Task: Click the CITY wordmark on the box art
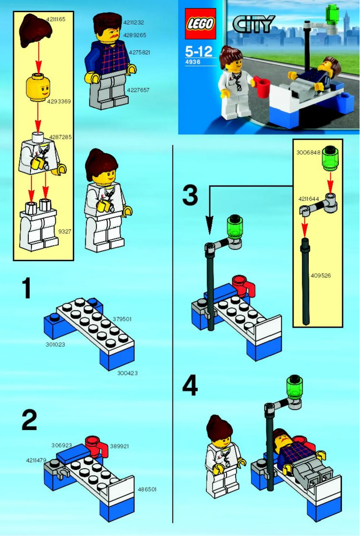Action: [253, 24]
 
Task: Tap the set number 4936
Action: [192, 62]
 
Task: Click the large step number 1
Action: [26, 288]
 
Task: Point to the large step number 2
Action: [29, 421]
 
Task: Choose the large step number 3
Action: [190, 196]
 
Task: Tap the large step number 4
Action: [190, 386]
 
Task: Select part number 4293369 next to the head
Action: [59, 101]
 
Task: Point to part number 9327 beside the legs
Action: [65, 232]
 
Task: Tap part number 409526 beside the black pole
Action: [320, 275]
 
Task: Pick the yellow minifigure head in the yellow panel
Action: [39, 87]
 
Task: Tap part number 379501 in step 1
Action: [122, 319]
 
